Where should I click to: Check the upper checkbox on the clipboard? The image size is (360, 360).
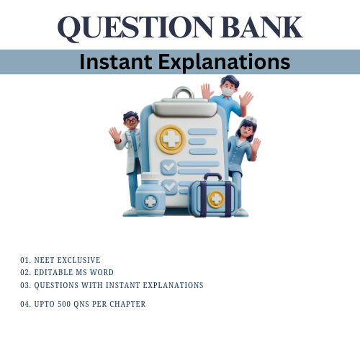(168, 166)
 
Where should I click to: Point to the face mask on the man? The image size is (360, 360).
(228, 92)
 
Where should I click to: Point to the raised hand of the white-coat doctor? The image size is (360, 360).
(114, 134)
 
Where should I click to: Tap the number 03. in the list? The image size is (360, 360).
(26, 285)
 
